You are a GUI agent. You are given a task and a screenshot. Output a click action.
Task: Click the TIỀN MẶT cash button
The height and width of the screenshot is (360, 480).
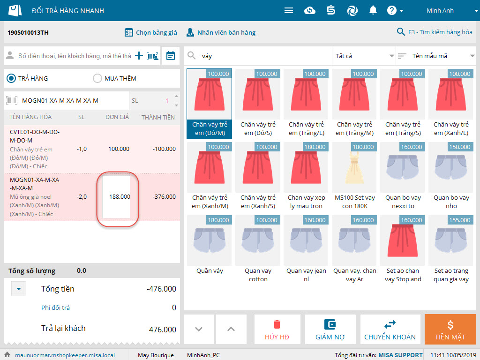(450, 330)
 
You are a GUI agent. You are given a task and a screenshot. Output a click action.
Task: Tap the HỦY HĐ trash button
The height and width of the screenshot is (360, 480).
(277, 330)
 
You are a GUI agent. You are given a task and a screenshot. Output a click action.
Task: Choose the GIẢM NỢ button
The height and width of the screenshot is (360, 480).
(330, 330)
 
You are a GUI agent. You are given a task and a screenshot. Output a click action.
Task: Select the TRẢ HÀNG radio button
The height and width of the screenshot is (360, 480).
(11, 78)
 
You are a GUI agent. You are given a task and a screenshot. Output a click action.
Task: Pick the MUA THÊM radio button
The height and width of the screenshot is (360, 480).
(97, 78)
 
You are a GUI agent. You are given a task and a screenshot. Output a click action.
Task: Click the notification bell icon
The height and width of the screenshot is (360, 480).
(373, 10)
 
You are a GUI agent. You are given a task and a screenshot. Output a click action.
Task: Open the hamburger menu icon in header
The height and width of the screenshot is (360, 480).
(289, 10)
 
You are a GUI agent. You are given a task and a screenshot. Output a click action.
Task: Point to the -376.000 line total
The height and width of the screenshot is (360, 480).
(164, 196)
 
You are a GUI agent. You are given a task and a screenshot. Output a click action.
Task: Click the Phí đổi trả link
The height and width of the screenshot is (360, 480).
(55, 307)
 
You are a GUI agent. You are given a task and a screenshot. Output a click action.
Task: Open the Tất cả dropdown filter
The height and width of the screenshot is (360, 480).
(364, 56)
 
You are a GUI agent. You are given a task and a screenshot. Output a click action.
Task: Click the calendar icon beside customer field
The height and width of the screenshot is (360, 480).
(171, 56)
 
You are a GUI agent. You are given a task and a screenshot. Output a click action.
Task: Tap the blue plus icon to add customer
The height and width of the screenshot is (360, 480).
(139, 56)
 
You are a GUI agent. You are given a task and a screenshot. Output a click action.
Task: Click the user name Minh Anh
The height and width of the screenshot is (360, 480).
(440, 10)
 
